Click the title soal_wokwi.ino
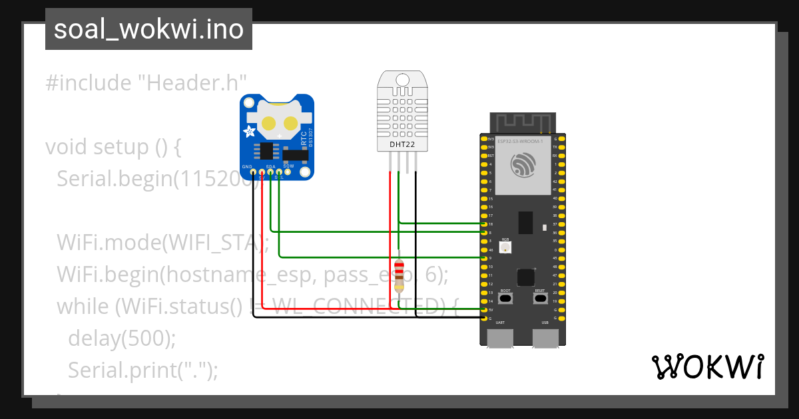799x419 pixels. tap(148, 30)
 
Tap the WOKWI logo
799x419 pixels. tap(707, 367)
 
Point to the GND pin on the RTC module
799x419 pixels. tap(253, 173)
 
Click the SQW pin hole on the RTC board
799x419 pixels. tap(288, 173)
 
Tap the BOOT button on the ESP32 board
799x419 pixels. tap(505, 299)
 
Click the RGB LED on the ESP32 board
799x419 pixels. tap(505, 247)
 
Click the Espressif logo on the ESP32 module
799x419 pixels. tap(523, 164)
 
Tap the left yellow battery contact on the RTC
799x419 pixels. tap(270, 123)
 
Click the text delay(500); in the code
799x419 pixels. tap(122, 338)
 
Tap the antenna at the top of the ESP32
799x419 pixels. tap(523, 123)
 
